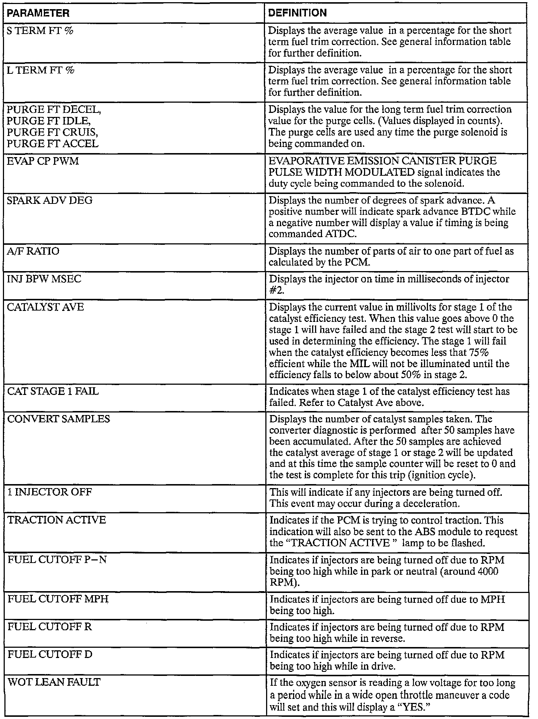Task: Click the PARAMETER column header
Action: click(x=38, y=14)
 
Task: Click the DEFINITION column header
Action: click(x=297, y=13)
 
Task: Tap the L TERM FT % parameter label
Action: click(x=41, y=70)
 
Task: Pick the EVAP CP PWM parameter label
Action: click(x=43, y=161)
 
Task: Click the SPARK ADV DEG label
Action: click(x=50, y=201)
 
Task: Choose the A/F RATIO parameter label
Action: click(x=33, y=251)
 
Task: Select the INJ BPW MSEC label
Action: click(x=44, y=279)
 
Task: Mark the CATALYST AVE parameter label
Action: click(x=46, y=307)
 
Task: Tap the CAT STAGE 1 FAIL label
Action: click(x=53, y=391)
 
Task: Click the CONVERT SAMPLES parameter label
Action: click(x=58, y=419)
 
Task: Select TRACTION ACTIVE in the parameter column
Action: click(x=57, y=520)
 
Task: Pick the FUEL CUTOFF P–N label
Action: click(x=57, y=560)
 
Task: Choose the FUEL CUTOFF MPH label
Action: click(x=58, y=599)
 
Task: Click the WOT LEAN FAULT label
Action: click(x=54, y=682)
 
